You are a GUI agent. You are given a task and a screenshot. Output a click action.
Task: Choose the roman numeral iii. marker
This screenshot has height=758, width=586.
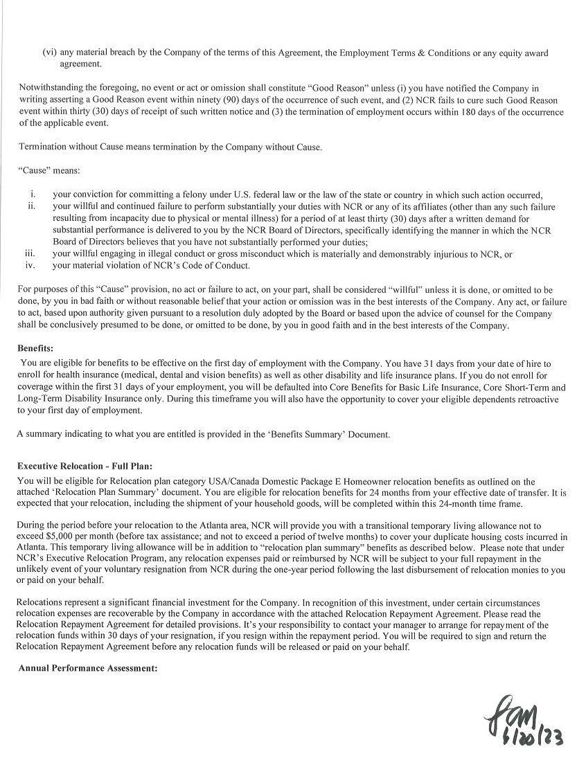(x=30, y=254)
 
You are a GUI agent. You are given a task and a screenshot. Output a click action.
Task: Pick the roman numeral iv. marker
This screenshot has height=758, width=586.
(x=30, y=265)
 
